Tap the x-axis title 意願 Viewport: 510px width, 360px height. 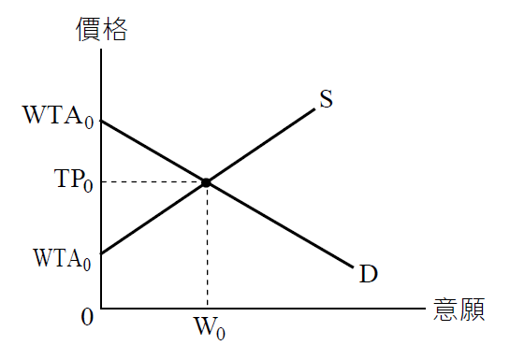click(459, 310)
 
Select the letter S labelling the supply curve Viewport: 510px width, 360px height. click(327, 99)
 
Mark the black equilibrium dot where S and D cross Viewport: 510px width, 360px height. click(206, 181)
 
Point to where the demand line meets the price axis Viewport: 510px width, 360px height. click(101, 121)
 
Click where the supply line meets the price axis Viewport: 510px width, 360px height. click(101, 253)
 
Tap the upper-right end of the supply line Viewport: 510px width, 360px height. click(313, 109)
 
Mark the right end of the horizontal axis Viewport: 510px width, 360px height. click(426, 308)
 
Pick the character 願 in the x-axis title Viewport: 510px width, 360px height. click(472, 310)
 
